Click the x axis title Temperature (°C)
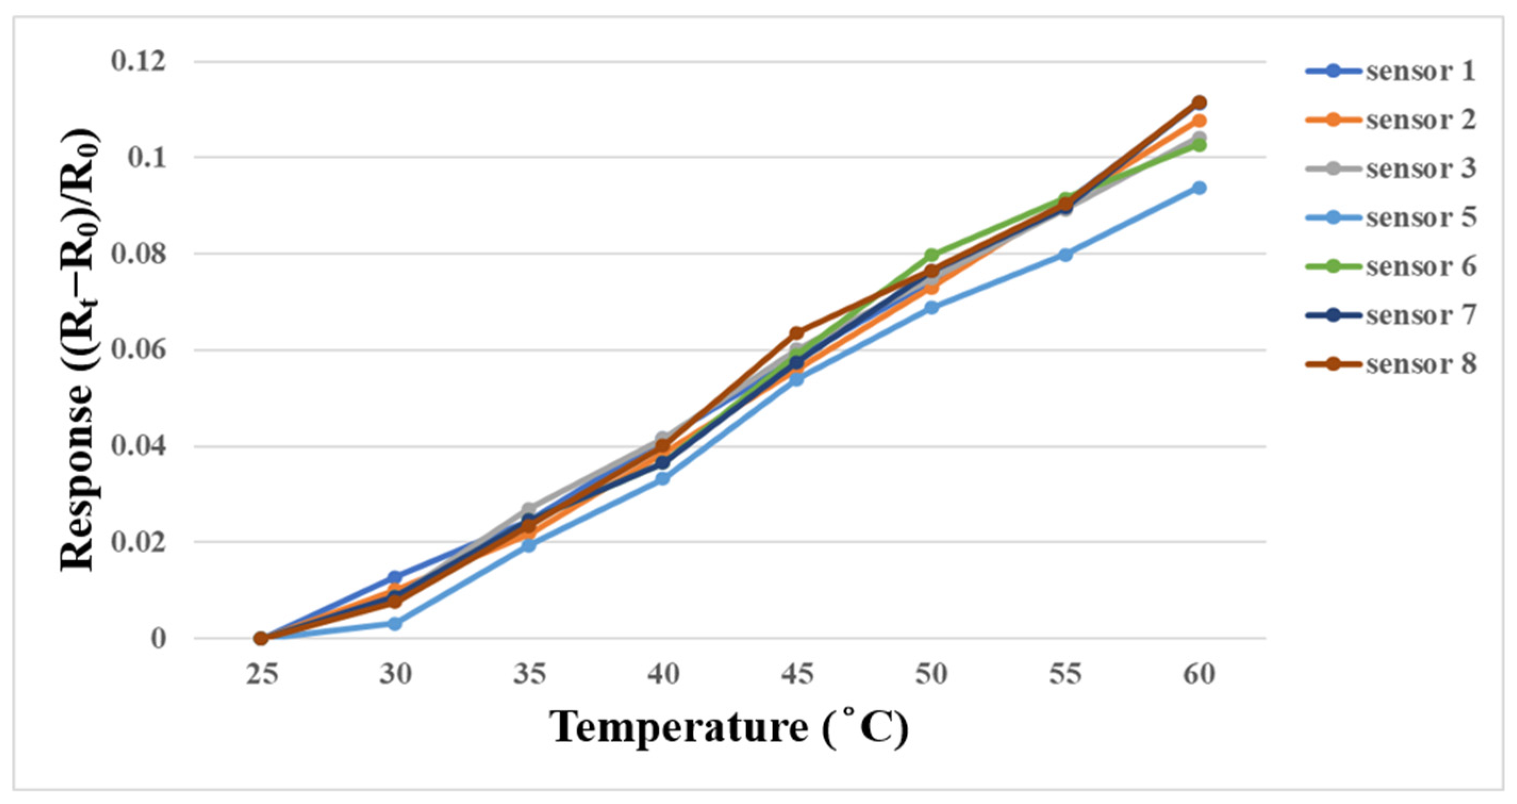click(x=729, y=728)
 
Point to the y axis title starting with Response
click(x=79, y=351)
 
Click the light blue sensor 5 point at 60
click(x=1199, y=188)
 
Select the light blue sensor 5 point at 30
click(x=395, y=623)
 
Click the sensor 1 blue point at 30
click(x=395, y=577)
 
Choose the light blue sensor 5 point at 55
click(x=1065, y=255)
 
